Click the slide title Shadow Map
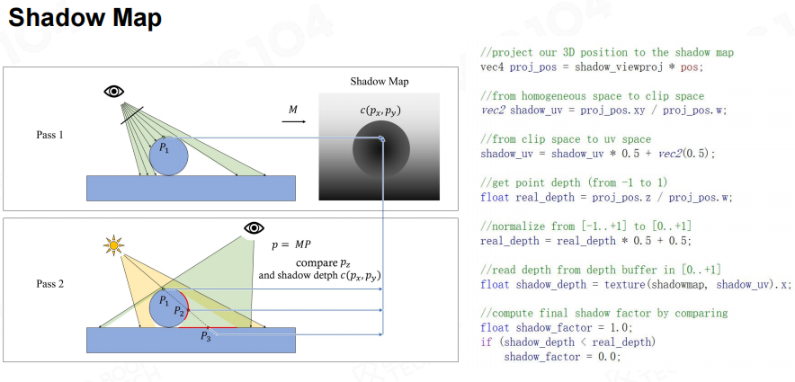[x=85, y=18]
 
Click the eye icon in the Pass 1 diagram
[x=114, y=91]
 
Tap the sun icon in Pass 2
[x=113, y=245]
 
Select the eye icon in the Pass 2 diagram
[x=254, y=228]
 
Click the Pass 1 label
[x=49, y=135]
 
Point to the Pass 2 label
[x=49, y=284]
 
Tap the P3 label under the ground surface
[x=205, y=337]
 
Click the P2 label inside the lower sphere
[x=178, y=311]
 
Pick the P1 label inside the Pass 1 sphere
[x=165, y=148]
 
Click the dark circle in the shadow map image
[x=379, y=147]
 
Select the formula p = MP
[x=291, y=244]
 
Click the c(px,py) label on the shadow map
[x=379, y=111]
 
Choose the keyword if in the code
[x=487, y=342]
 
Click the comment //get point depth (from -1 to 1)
[x=577, y=182]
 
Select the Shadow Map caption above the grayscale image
[x=379, y=82]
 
